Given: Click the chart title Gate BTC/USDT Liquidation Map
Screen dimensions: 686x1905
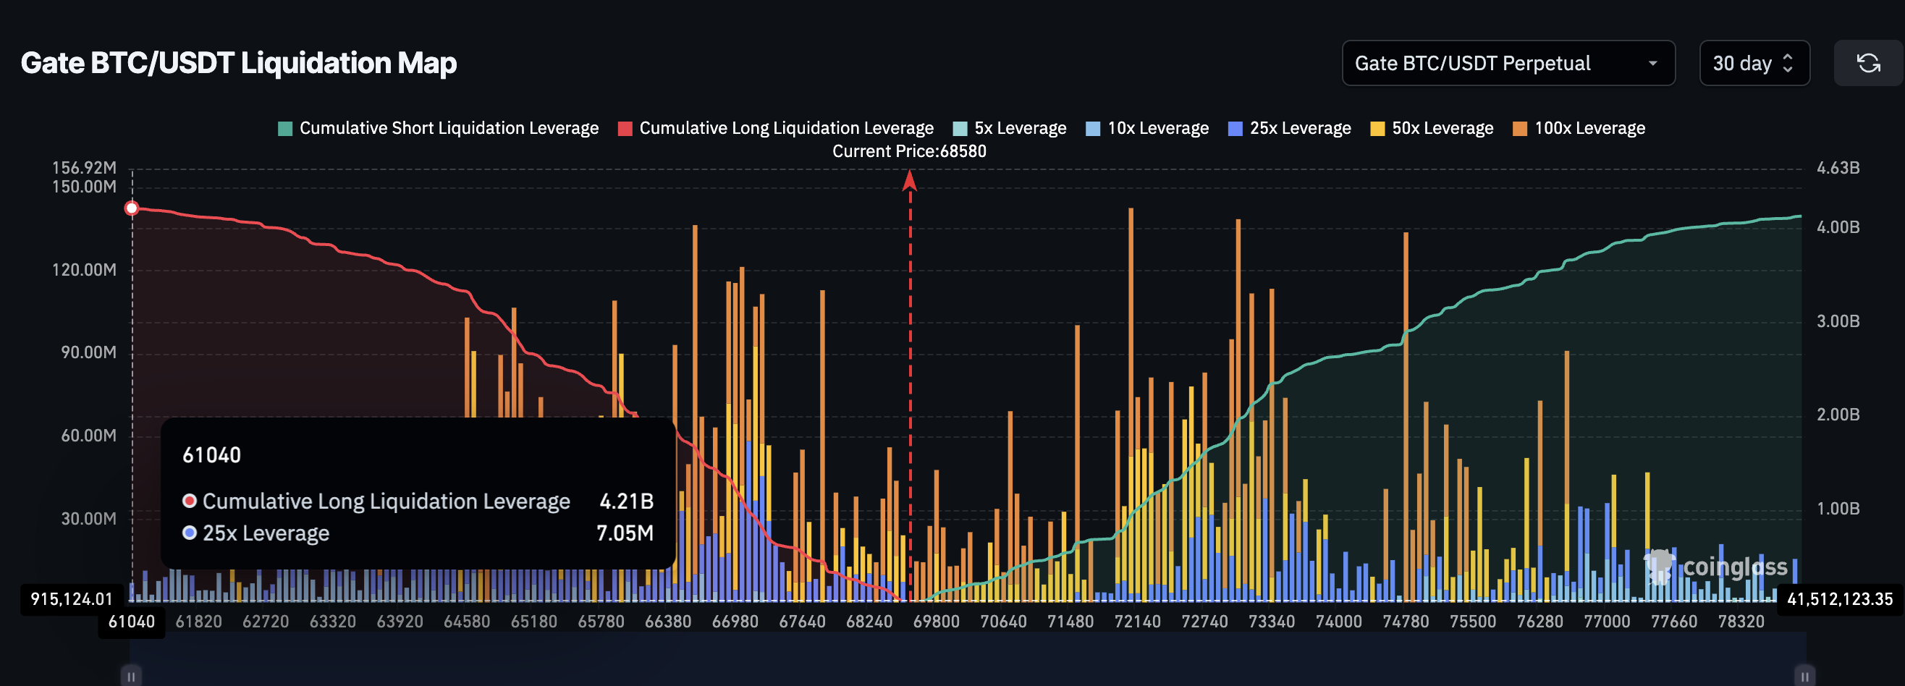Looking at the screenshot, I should point(238,63).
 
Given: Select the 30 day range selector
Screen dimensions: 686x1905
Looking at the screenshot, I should point(1754,63).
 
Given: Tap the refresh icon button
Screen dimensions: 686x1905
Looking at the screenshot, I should point(1868,63).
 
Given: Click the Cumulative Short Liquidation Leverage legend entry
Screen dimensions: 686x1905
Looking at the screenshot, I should point(438,128).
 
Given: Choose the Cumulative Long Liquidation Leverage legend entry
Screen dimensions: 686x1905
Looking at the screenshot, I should point(776,128).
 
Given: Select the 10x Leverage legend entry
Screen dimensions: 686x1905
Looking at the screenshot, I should point(1147,128).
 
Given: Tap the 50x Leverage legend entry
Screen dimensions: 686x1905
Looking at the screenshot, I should point(1432,128).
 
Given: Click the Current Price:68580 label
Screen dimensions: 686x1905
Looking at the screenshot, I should point(909,151).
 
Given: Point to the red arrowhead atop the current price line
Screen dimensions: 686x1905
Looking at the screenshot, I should point(910,179).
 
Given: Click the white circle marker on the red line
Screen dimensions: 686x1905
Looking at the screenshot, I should point(132,208).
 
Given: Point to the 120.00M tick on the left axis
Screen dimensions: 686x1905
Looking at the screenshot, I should point(83,270).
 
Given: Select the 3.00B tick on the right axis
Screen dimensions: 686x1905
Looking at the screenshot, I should point(1838,321).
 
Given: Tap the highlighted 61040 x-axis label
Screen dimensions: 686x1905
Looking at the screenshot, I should point(132,622).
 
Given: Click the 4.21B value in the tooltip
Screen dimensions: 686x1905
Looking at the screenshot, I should point(625,501).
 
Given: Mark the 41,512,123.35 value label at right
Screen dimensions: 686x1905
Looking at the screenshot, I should point(1839,598).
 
